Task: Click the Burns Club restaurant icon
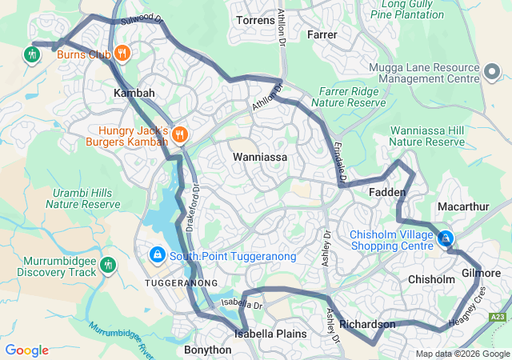(x=122, y=54)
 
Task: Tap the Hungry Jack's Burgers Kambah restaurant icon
(x=179, y=134)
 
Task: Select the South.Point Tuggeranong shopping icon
(x=157, y=255)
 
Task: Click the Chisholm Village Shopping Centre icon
(x=445, y=238)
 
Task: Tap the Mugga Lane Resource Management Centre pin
(x=490, y=73)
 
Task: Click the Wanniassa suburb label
(x=260, y=157)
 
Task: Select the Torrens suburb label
(x=256, y=20)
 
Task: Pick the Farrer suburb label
(x=322, y=34)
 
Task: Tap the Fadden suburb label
(x=388, y=193)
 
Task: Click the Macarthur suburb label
(x=463, y=206)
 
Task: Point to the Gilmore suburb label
(x=481, y=273)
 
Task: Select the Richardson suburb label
(x=367, y=324)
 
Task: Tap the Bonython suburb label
(x=207, y=350)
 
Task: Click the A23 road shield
(x=498, y=318)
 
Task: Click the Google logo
(x=26, y=350)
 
